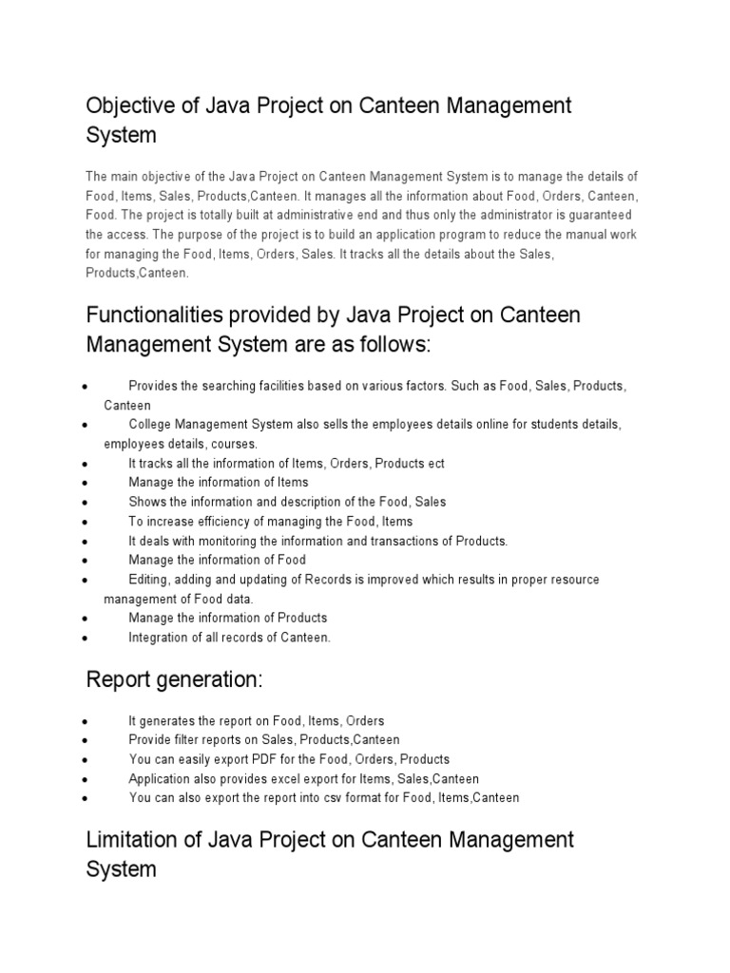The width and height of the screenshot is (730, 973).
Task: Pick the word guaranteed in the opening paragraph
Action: (603, 214)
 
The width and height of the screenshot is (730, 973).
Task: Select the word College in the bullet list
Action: (150, 425)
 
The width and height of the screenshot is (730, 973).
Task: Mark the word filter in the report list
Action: (188, 739)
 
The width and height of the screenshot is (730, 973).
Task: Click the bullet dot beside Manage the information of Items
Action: (86, 484)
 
